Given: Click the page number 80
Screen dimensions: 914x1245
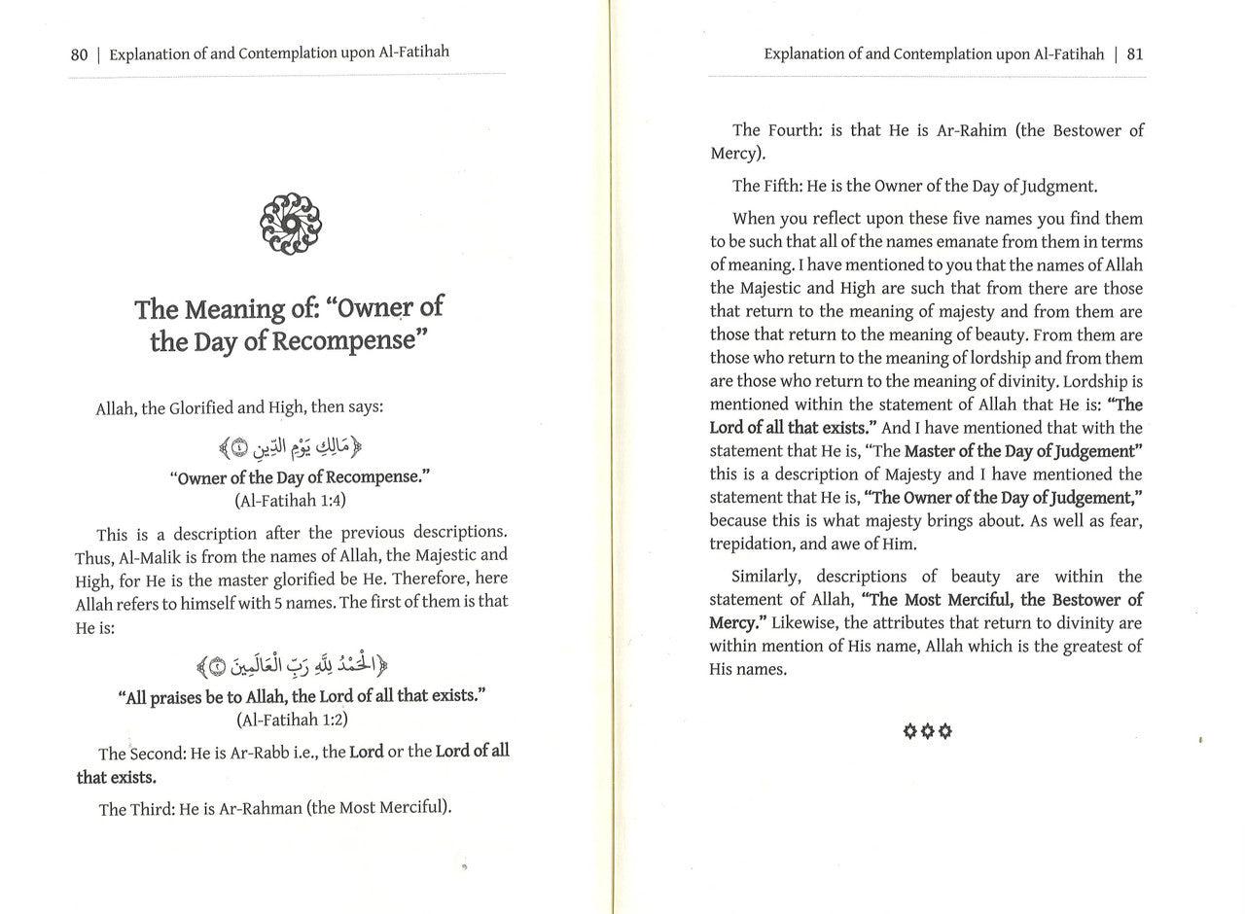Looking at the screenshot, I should point(79,54).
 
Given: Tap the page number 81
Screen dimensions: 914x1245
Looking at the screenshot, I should point(1135,54).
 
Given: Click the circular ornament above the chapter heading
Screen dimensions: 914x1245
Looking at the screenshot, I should point(291,225).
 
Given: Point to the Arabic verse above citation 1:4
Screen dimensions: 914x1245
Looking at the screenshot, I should point(292,447).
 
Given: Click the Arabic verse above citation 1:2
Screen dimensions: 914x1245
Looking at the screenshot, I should point(292,666).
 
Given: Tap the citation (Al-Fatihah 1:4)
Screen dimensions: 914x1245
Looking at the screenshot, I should point(290,501).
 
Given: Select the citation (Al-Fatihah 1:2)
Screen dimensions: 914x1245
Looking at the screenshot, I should point(292,720).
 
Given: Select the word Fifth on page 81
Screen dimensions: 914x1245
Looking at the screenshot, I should point(787,186).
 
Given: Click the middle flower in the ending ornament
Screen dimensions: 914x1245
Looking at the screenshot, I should point(927,730).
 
